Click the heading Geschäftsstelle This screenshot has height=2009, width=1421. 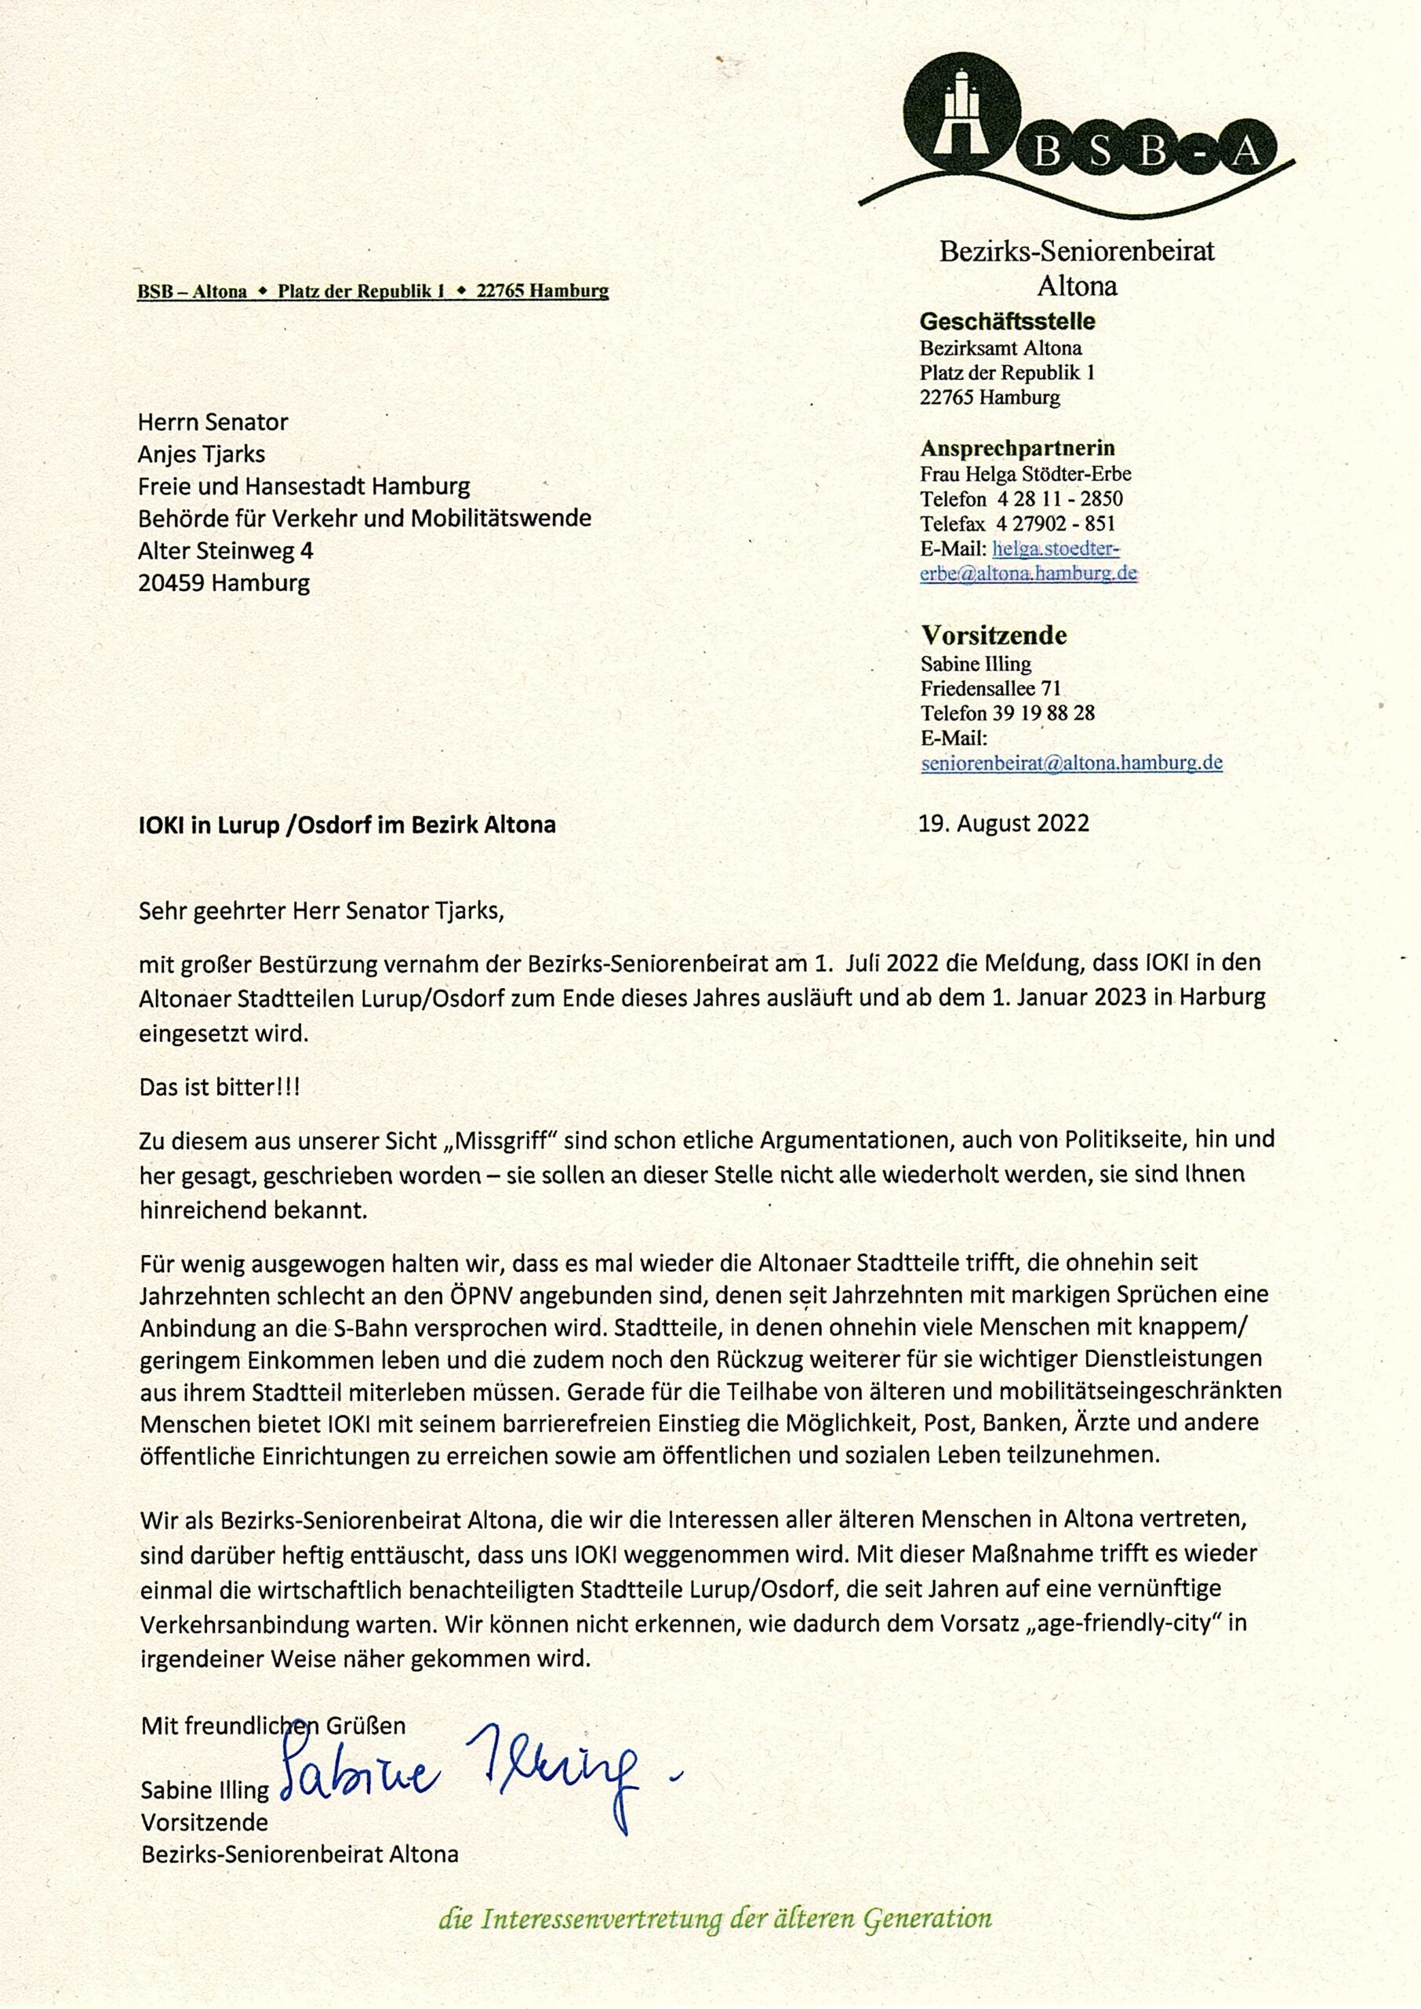(x=1007, y=321)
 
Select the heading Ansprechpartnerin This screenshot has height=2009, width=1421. (x=1017, y=448)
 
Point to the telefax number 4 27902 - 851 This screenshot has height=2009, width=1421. (x=1049, y=524)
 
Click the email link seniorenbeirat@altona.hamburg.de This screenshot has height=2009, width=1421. (x=1071, y=763)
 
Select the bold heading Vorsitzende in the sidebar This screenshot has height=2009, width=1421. (x=993, y=635)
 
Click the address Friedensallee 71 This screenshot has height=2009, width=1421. (x=990, y=688)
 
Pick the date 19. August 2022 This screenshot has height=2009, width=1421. (x=1004, y=824)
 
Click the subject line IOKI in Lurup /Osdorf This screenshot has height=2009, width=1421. (x=347, y=825)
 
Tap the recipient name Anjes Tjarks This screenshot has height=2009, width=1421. (x=202, y=454)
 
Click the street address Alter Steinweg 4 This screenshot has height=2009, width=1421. (x=226, y=551)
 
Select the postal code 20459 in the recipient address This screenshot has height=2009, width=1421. (x=172, y=583)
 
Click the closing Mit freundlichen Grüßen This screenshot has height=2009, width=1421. (x=273, y=1726)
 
